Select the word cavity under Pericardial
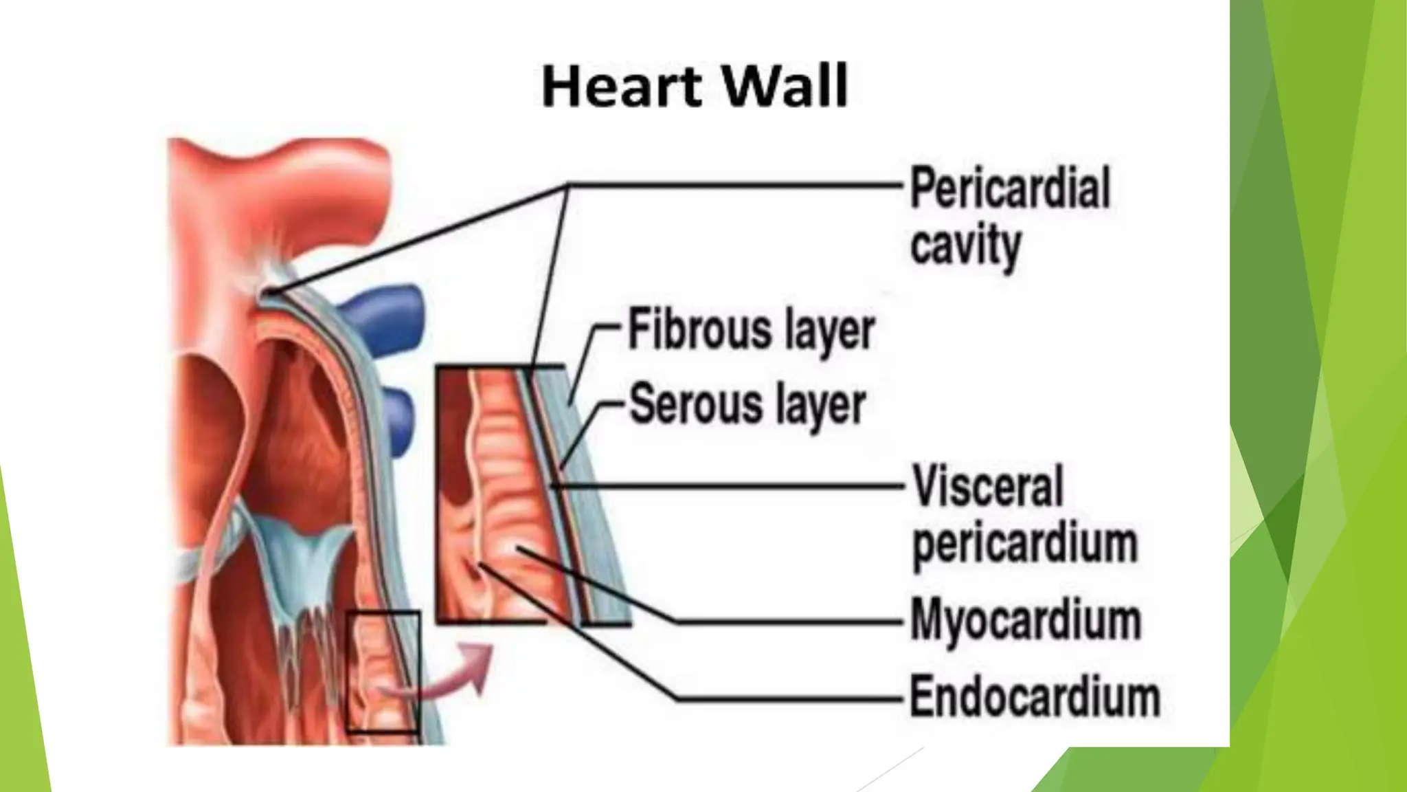965,245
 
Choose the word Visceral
987,486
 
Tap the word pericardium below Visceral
1024,544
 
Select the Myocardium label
1026,621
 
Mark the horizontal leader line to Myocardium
790,622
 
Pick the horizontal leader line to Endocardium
790,699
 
